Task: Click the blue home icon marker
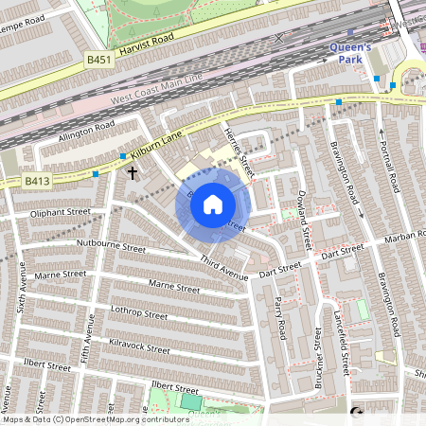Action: (x=213, y=204)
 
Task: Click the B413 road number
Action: (x=37, y=180)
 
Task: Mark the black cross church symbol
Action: (x=133, y=172)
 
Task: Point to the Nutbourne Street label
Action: (x=112, y=247)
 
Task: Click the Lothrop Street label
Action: (x=137, y=313)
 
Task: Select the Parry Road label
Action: (x=279, y=317)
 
